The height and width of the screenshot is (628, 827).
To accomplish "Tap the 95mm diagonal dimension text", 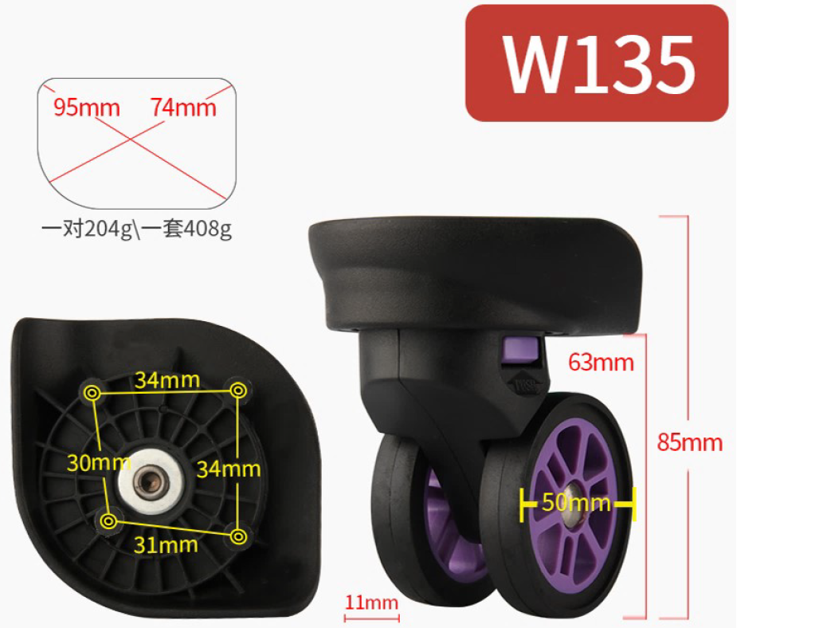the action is coord(87,107).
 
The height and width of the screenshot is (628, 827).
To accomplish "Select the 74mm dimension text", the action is coord(183,107).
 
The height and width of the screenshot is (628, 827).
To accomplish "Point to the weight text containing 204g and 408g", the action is coord(136,229).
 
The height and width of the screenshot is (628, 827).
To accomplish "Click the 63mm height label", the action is coord(601,363).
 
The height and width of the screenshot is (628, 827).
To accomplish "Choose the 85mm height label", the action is coord(690,442).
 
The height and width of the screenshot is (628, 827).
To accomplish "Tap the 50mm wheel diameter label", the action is coord(576,502).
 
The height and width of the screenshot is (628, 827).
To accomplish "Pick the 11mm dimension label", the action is coord(371,602).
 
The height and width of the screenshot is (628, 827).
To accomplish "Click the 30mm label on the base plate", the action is coord(99,463).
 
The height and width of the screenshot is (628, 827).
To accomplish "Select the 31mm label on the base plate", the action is coord(166,544).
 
